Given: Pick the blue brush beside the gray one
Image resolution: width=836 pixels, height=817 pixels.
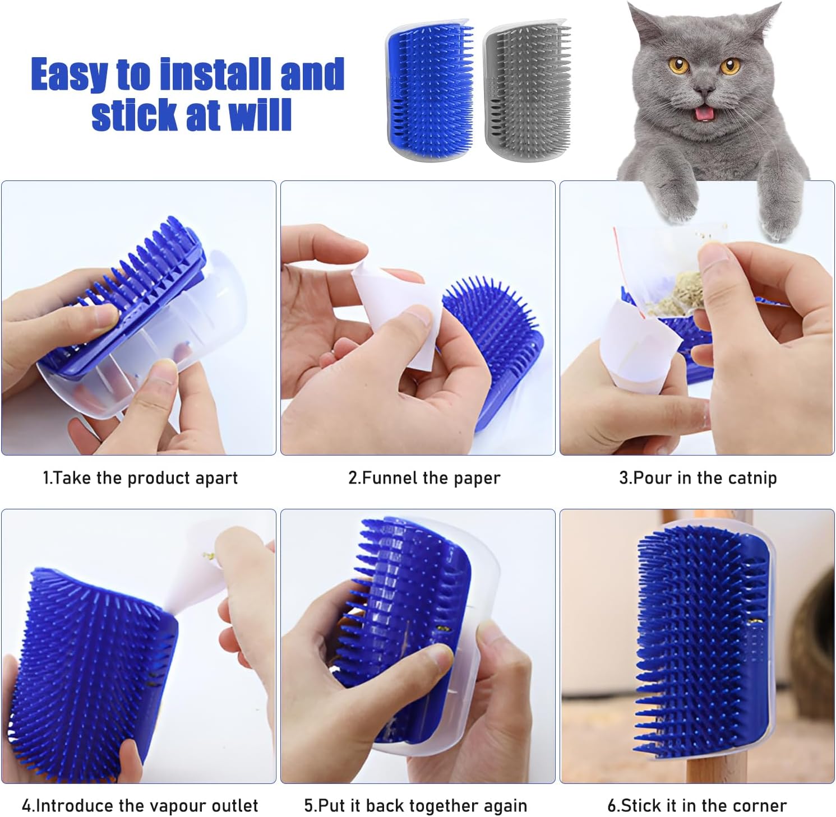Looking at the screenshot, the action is click(x=429, y=90).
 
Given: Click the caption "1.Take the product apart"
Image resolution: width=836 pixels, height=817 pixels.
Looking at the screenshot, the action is click(x=140, y=478).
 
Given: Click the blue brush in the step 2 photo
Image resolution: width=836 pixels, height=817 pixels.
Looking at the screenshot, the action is click(x=493, y=347).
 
